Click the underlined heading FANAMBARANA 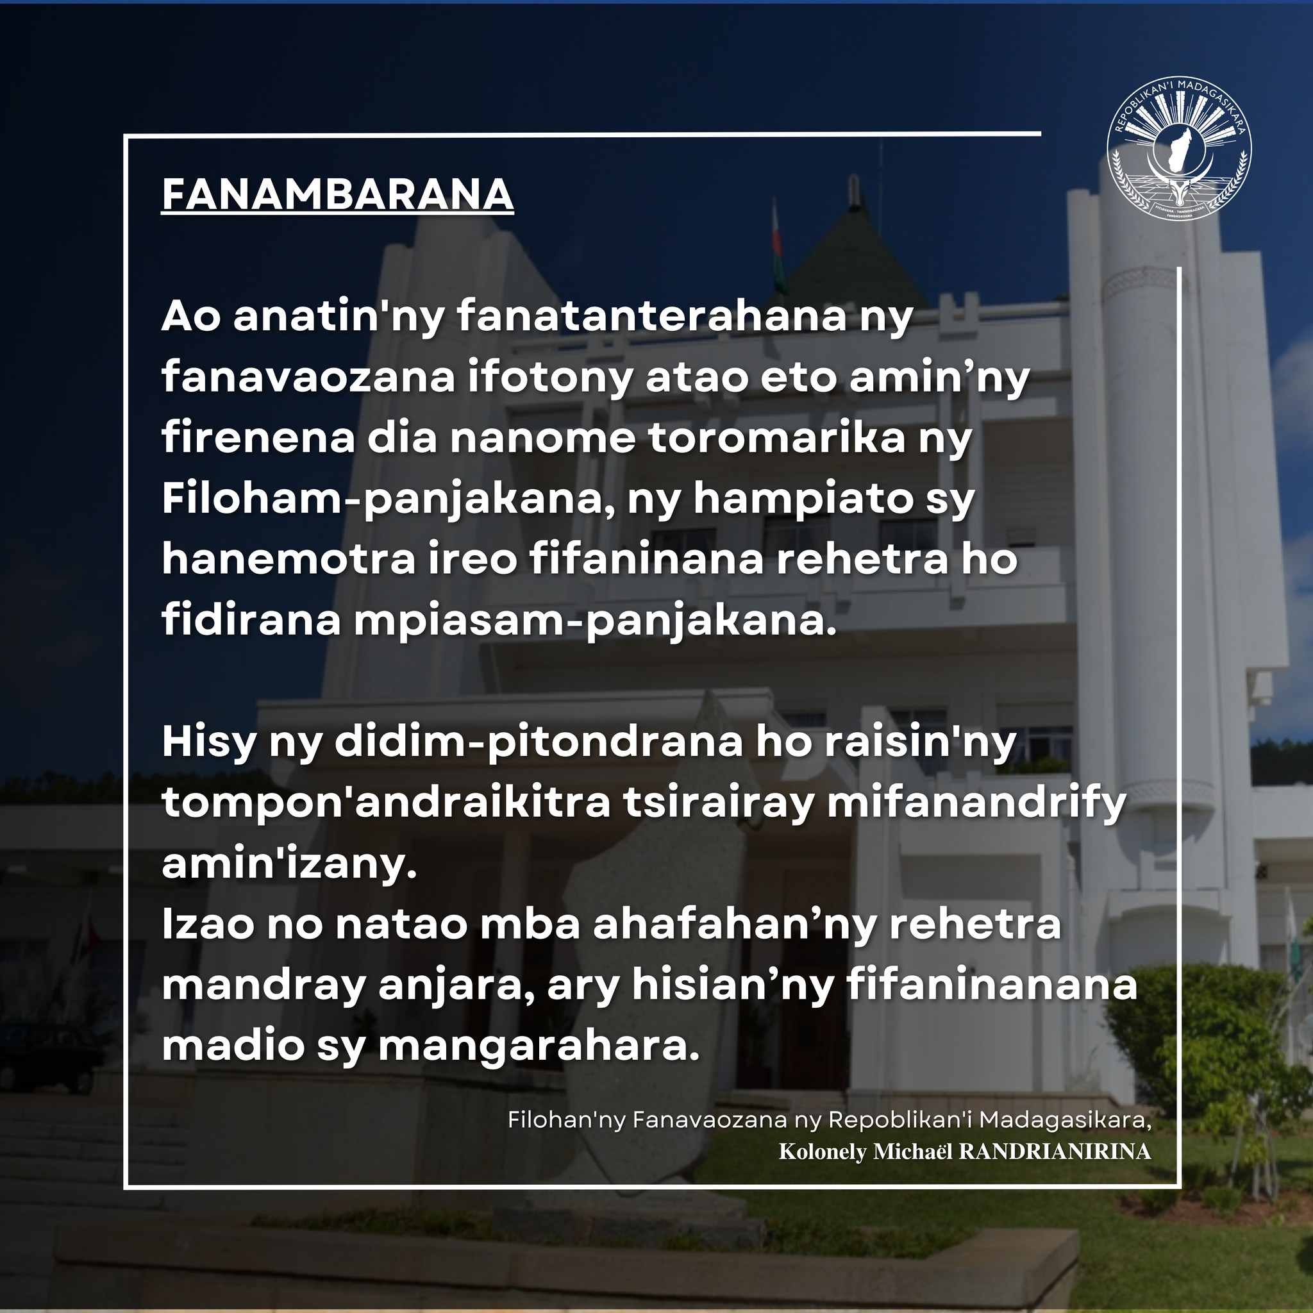tap(338, 195)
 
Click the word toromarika tap(777, 439)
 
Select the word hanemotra tap(288, 560)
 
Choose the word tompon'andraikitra tap(386, 803)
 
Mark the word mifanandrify tap(976, 803)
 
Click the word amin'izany tap(289, 864)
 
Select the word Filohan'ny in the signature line tap(566, 1120)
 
